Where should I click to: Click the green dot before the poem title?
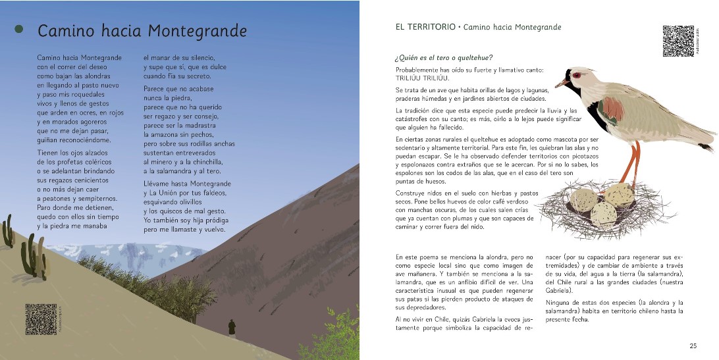(x=19, y=29)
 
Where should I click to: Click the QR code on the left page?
(x=41, y=319)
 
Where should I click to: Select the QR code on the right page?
(x=678, y=41)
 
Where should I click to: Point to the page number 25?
(x=693, y=346)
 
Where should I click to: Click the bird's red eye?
(x=577, y=75)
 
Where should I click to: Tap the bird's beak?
(x=560, y=83)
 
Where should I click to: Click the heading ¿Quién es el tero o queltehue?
(x=444, y=58)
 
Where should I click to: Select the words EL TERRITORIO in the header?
(x=425, y=27)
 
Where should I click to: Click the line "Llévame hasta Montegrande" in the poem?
(x=187, y=184)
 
